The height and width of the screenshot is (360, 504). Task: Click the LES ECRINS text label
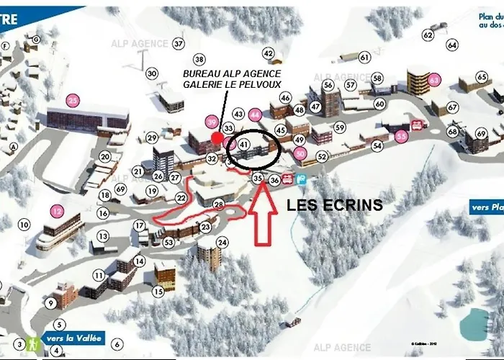[334, 205]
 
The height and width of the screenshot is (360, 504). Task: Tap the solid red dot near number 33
[216, 136]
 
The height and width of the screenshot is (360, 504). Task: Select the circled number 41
[244, 145]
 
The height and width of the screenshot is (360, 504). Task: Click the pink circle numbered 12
[57, 211]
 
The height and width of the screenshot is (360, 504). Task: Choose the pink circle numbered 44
[254, 114]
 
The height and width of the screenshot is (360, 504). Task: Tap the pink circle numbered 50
[300, 153]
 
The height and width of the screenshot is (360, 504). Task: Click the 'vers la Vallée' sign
[74, 338]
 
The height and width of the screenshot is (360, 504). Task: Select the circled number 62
[428, 35]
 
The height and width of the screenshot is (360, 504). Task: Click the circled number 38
[199, 59]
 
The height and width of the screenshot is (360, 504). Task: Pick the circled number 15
[158, 292]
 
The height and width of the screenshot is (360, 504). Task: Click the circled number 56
[328, 85]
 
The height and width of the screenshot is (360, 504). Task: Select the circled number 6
[117, 344]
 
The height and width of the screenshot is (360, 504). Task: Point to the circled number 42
[269, 53]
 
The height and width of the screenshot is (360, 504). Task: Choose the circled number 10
[24, 225]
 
